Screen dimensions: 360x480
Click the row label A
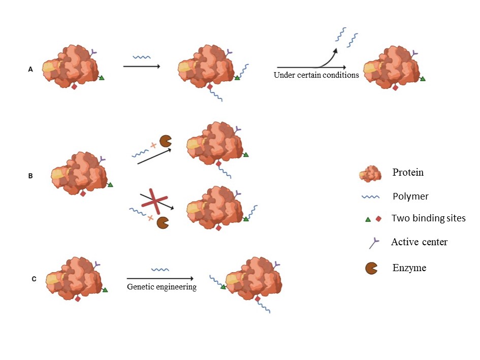point(30,70)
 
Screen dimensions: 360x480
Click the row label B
point(30,177)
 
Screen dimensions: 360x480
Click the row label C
point(34,278)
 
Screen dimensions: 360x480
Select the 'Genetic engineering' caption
point(162,287)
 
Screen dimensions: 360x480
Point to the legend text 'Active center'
point(419,242)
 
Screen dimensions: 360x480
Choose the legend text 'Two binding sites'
point(428,218)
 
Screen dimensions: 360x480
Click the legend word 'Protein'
point(408,172)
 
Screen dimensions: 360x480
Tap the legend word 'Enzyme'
point(409,267)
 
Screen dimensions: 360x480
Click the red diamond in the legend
point(378,219)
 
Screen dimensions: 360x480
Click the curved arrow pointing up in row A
point(325,58)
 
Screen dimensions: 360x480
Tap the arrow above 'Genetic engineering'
point(160,278)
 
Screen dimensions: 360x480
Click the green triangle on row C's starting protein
point(105,290)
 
